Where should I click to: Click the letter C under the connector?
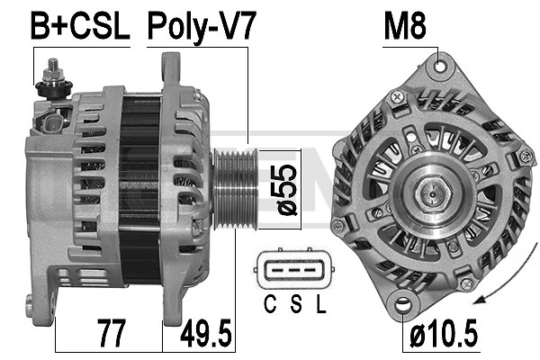269,304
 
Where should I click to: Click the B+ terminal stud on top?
54,70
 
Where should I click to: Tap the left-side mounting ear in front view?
338,225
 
